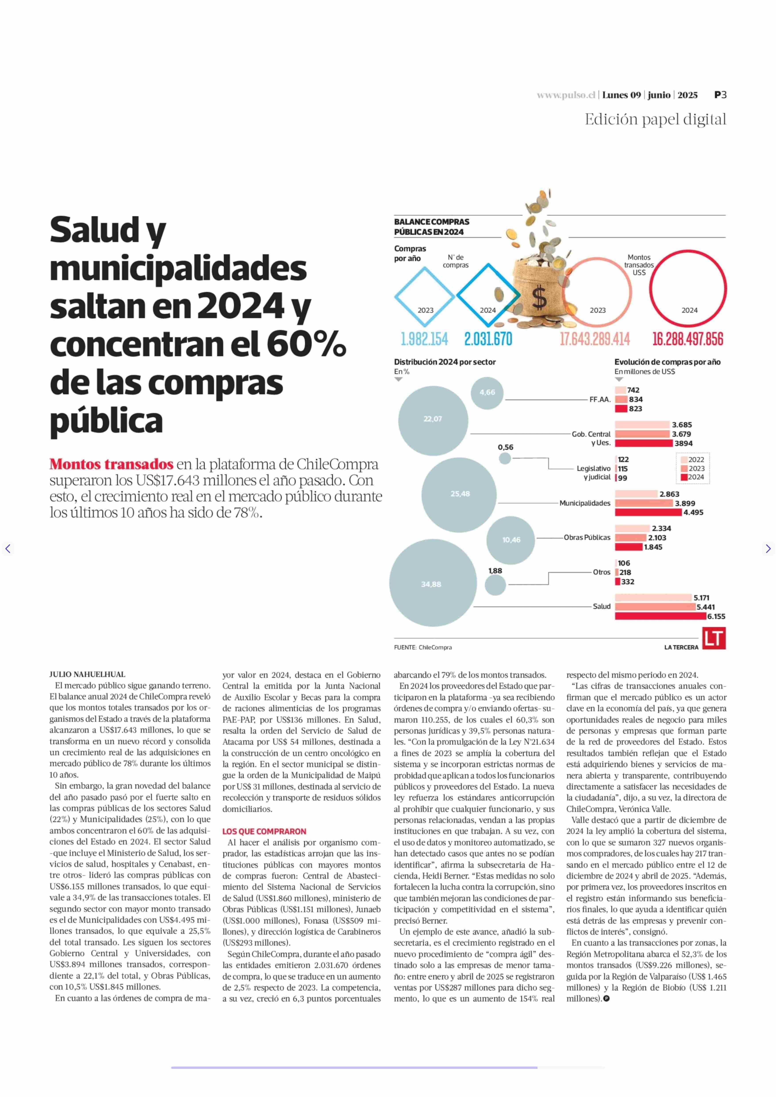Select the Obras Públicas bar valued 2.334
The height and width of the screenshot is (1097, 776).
pos(632,528)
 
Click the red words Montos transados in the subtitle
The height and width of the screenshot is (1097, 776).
pos(111,464)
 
